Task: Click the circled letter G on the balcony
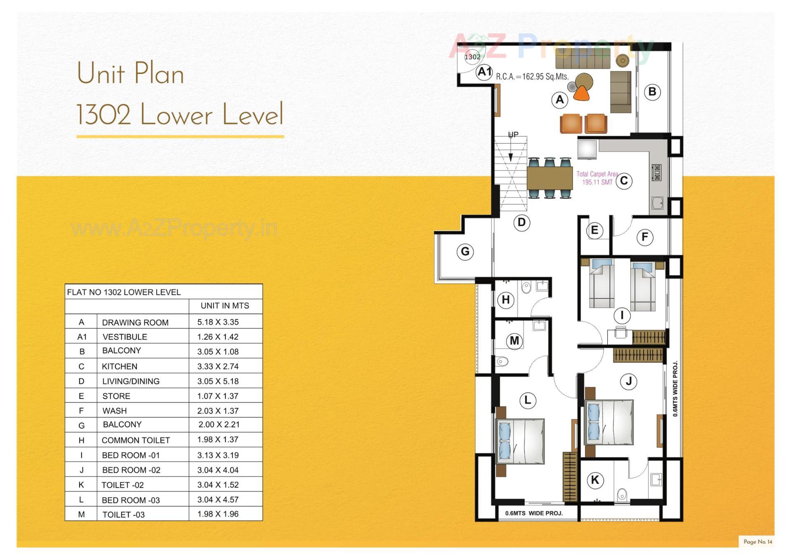pos(465,251)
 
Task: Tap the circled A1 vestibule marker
pos(484,72)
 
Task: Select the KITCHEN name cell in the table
pos(119,366)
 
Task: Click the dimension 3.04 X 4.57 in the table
pos(218,499)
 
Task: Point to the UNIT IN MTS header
pos(225,306)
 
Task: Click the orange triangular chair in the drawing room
pos(581,93)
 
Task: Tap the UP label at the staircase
pos(513,134)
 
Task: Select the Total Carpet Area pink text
pos(597,178)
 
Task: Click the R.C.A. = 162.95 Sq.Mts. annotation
pos(532,77)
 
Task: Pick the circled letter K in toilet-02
pos(595,480)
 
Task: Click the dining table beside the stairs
pos(550,178)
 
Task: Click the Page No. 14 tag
pos(758,542)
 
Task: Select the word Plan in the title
pos(159,74)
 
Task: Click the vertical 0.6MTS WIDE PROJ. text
pos(675,389)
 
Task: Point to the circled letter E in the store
pos(594,230)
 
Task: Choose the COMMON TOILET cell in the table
pos(136,440)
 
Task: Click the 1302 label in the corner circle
pos(472,57)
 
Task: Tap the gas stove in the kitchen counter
pos(657,172)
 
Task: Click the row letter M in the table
pos(81,514)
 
